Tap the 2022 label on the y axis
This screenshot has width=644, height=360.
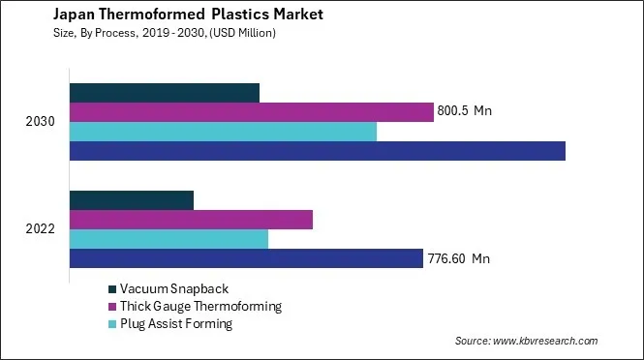(x=41, y=229)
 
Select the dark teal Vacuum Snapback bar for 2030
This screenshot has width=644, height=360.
(x=165, y=93)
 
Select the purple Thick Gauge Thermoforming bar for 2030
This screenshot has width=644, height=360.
(x=252, y=112)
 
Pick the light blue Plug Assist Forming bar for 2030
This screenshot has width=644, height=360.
(x=223, y=132)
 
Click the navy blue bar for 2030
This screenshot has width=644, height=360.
(x=318, y=151)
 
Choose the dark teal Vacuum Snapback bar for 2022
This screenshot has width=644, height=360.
(x=132, y=200)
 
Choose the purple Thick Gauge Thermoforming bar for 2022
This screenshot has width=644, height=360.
(x=192, y=220)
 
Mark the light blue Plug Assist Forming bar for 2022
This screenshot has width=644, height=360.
(x=169, y=239)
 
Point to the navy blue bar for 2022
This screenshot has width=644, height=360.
(x=247, y=258)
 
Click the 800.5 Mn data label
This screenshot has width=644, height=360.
(x=466, y=112)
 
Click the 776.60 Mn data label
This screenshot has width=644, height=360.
(x=460, y=258)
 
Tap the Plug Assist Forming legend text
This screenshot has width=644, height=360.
(x=176, y=324)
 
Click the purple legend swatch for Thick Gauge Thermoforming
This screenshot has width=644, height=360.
(x=112, y=307)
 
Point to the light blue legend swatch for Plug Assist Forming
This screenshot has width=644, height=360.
(x=112, y=324)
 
